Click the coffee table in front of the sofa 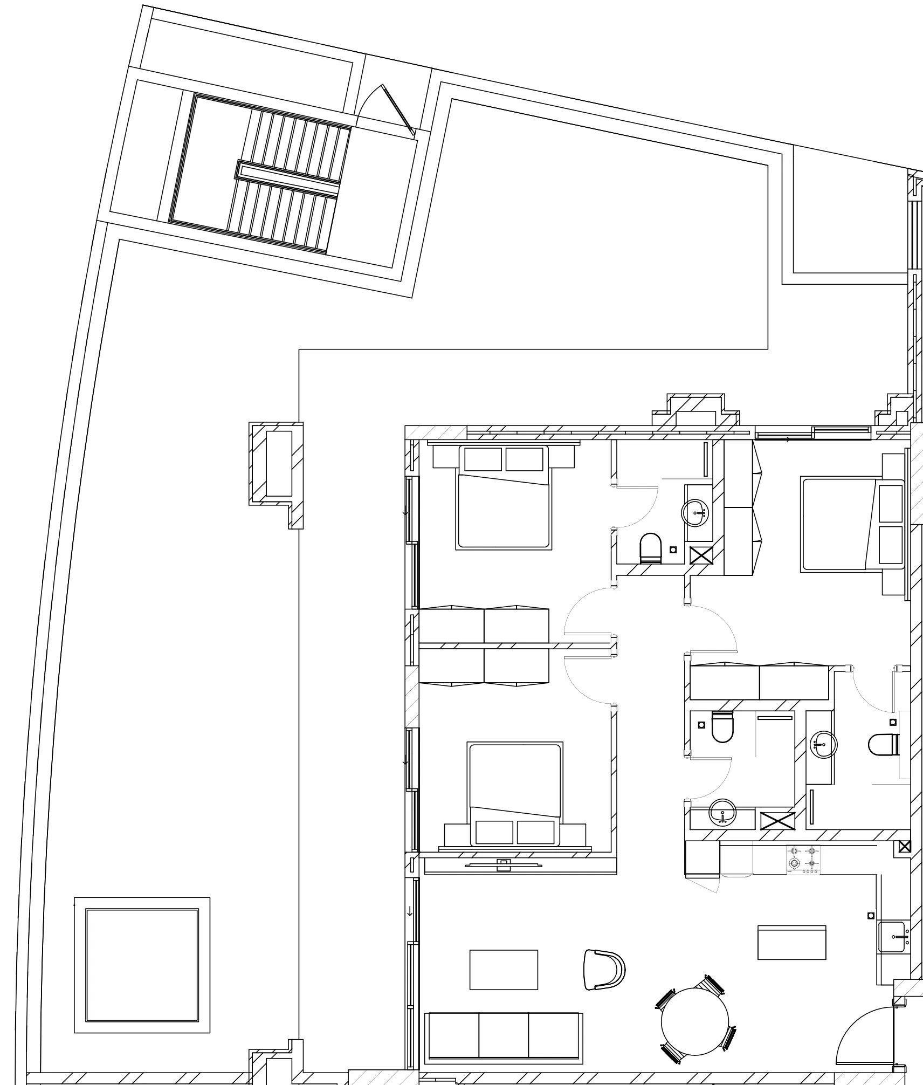504,970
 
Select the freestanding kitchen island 791,943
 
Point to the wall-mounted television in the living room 504,864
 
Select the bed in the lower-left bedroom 515,793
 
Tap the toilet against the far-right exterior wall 883,745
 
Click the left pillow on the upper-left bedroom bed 483,459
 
